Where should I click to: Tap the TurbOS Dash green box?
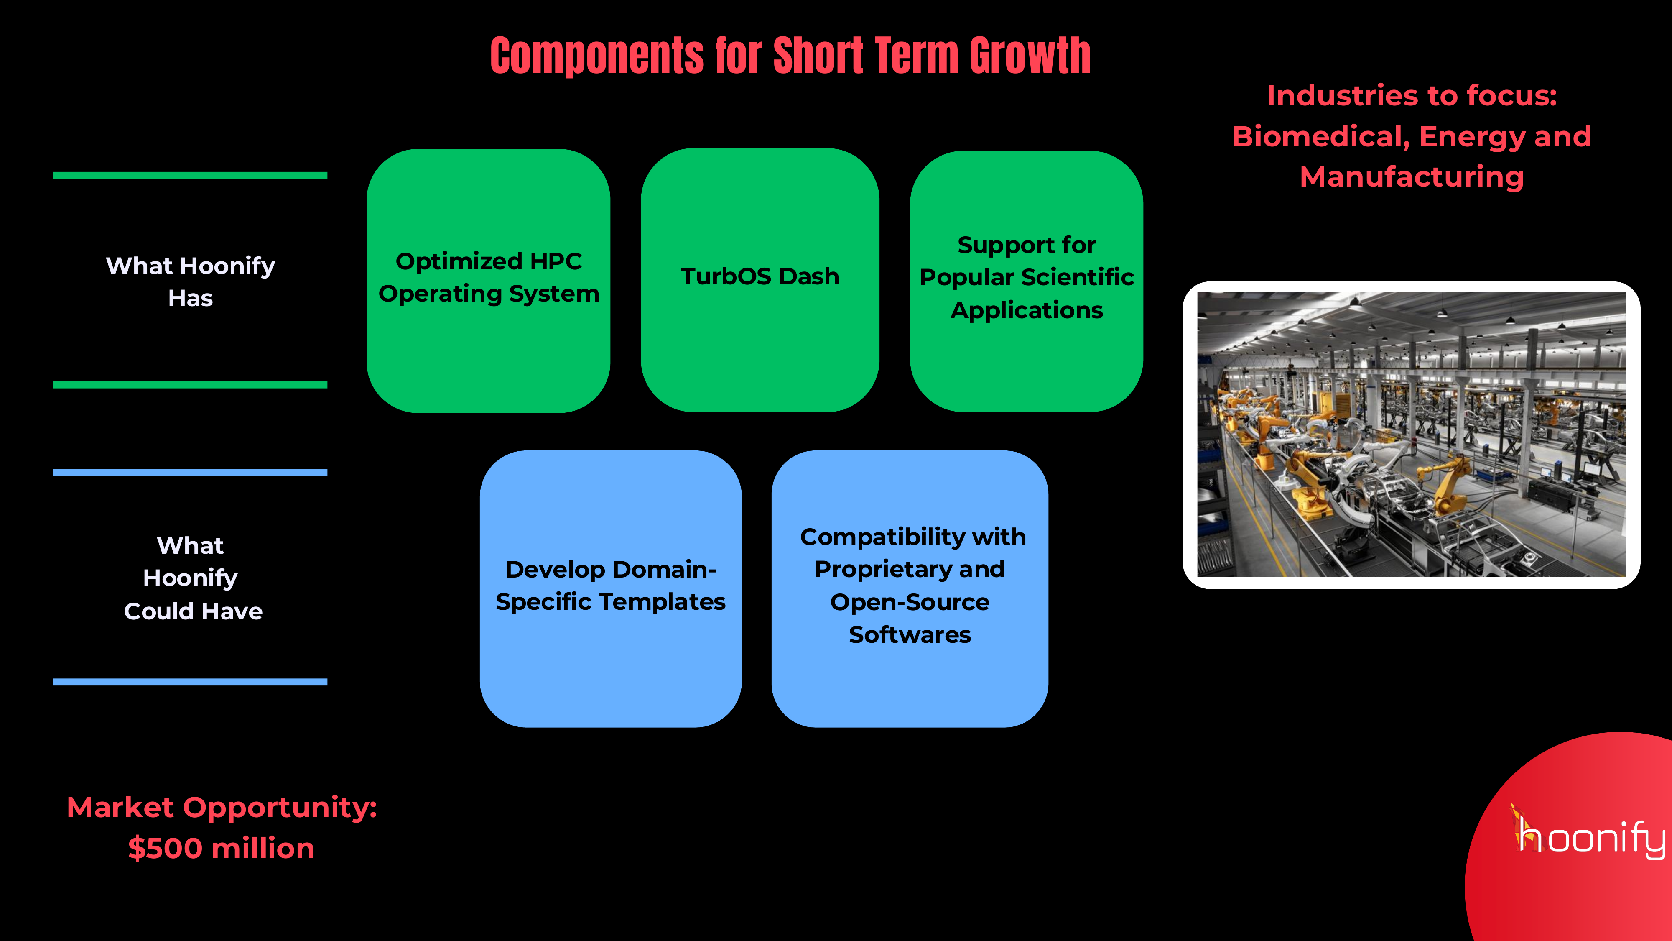(x=760, y=279)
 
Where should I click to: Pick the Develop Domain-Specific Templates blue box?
(x=610, y=588)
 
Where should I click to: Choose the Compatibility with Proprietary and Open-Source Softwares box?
(x=909, y=588)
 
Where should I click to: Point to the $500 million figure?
(x=222, y=848)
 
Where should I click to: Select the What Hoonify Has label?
(x=190, y=281)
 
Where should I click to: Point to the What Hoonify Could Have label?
(x=191, y=578)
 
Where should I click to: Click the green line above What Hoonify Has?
(x=190, y=175)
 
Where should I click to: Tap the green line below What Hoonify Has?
(x=190, y=385)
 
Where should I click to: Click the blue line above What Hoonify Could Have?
(x=190, y=473)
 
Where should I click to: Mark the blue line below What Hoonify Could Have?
(x=190, y=682)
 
